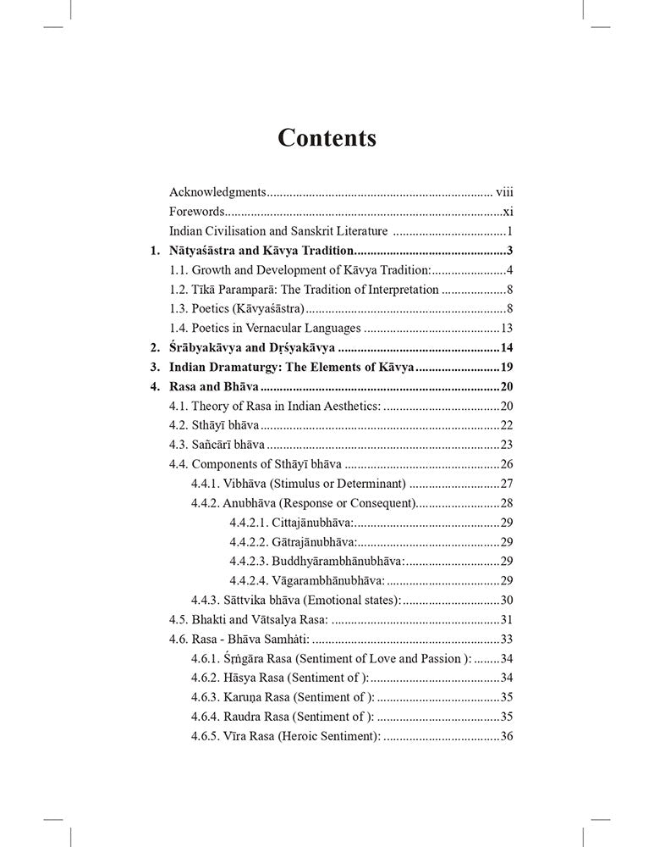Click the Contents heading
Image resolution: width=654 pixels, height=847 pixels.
(327, 138)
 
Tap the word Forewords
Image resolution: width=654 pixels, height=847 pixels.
(197, 212)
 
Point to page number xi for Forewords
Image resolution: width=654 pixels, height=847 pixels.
(508, 212)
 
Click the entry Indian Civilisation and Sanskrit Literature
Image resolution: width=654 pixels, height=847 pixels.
(278, 231)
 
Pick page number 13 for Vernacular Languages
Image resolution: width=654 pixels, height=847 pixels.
(508, 329)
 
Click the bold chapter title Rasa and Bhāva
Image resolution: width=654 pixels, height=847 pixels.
(209, 387)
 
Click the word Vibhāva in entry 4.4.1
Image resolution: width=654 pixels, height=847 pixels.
(248, 484)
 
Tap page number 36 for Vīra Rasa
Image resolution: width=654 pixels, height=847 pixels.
(508, 736)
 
